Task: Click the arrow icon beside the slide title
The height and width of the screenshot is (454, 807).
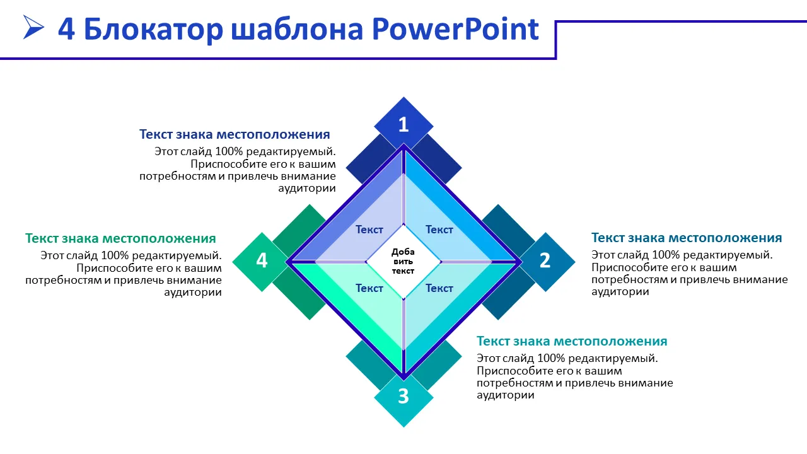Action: pyautogui.click(x=33, y=27)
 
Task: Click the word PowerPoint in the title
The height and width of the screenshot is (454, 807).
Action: pyautogui.click(x=455, y=30)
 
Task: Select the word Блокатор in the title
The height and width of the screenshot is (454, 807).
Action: pyautogui.click(x=153, y=30)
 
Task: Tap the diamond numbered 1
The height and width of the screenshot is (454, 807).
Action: pyautogui.click(x=403, y=125)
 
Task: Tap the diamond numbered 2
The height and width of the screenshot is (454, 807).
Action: pyautogui.click(x=545, y=262)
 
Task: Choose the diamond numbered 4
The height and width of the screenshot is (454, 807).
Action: pyautogui.click(x=262, y=262)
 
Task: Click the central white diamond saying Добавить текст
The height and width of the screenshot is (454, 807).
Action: pyautogui.click(x=403, y=262)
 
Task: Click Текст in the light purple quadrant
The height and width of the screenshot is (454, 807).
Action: pyautogui.click(x=369, y=230)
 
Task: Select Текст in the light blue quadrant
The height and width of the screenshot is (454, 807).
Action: pyautogui.click(x=439, y=230)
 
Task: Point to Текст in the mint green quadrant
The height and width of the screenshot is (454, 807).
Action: pyautogui.click(x=369, y=288)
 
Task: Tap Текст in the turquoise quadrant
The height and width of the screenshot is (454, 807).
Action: pyautogui.click(x=439, y=288)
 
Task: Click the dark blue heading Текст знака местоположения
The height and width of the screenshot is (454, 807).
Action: pyautogui.click(x=235, y=134)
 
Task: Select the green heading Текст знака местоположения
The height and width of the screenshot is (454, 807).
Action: pyautogui.click(x=120, y=238)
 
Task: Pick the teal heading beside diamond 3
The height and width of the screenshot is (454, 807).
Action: pyautogui.click(x=572, y=341)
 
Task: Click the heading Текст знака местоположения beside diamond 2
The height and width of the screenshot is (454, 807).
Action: pyautogui.click(x=687, y=238)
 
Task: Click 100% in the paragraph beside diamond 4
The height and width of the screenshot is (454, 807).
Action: pyautogui.click(x=115, y=255)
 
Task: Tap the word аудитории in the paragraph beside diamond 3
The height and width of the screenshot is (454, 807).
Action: pyautogui.click(x=506, y=395)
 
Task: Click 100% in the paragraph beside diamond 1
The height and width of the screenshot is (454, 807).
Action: pyautogui.click(x=229, y=151)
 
